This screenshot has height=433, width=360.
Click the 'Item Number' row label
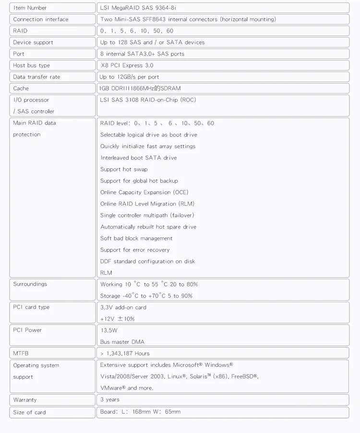tap(30, 8)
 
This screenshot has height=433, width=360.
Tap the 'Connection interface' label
tap(41, 19)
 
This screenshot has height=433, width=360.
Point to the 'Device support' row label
tap(33, 42)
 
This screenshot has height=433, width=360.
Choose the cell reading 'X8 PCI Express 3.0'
tap(127, 65)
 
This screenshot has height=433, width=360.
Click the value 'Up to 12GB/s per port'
tap(129, 77)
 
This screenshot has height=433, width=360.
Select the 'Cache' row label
tap(21, 88)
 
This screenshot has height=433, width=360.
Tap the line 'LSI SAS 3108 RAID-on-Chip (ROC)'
tap(148, 100)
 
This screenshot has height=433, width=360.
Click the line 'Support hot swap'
tap(124, 169)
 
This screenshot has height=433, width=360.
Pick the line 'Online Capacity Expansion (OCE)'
tap(144, 192)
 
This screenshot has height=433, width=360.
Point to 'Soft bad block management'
tap(136, 238)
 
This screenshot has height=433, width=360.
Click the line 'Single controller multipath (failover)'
tap(147, 215)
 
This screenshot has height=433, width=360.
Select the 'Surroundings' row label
tap(30, 284)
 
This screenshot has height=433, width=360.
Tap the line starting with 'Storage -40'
tap(146, 296)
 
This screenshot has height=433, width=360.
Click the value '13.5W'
tap(109, 330)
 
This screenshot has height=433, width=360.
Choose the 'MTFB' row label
tap(21, 353)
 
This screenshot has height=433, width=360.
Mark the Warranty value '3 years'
tap(110, 399)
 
